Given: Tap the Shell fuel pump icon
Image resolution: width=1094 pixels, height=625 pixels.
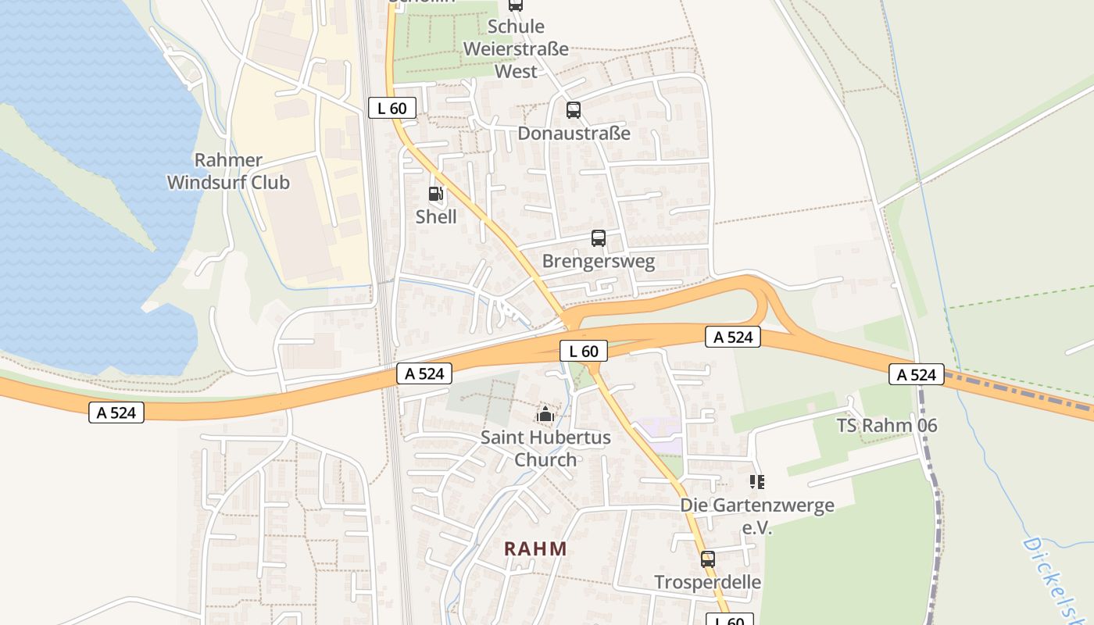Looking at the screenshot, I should (436, 194).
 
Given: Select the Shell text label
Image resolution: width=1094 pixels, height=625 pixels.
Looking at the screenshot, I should (436, 216).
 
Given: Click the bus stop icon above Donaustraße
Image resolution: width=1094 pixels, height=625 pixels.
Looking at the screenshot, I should (574, 110).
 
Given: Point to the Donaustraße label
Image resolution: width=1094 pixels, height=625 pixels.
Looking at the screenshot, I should (574, 133).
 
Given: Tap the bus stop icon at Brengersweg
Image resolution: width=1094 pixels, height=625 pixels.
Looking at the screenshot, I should (599, 238).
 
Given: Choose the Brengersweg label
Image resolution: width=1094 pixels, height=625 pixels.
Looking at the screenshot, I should (599, 261).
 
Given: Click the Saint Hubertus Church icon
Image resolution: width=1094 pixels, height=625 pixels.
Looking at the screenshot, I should (545, 413).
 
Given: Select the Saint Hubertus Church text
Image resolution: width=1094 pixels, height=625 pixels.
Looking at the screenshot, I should (545, 448).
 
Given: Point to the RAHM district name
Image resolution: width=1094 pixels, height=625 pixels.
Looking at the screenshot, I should (535, 548).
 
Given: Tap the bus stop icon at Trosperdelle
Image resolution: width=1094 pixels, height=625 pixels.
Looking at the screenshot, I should (708, 559).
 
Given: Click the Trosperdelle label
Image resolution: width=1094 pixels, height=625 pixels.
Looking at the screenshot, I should (708, 582).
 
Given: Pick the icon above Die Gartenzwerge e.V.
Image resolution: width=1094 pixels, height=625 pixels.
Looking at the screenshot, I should (756, 482).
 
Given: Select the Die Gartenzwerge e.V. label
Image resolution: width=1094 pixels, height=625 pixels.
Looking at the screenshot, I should (756, 516).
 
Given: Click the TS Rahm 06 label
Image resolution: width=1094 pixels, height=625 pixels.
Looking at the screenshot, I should (887, 426).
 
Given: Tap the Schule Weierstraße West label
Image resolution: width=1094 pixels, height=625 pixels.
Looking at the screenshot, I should (516, 48).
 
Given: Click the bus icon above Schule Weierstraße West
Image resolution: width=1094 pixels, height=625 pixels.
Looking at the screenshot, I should (516, 5).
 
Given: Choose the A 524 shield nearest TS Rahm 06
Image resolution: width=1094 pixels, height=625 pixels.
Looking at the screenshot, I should (917, 375).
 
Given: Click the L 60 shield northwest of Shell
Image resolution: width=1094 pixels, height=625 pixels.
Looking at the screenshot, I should (392, 109).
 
